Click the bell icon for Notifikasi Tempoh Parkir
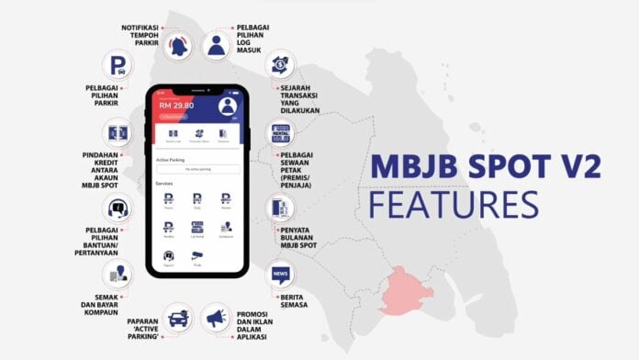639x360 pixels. [179, 45]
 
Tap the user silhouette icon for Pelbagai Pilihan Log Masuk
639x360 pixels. [218, 46]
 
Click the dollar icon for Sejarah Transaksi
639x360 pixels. [280, 66]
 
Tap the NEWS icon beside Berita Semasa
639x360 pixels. [280, 274]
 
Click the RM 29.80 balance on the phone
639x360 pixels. [177, 105]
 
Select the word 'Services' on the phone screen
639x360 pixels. [164, 183]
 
